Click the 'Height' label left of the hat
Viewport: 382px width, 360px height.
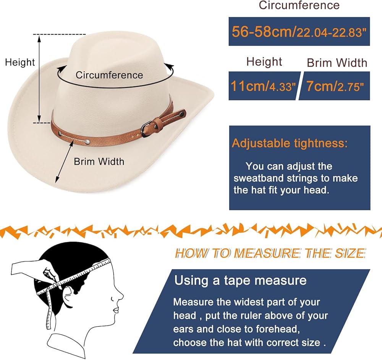pos(20,62)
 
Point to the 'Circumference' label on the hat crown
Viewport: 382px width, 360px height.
pos(109,75)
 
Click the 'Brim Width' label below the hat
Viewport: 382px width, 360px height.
pos(99,161)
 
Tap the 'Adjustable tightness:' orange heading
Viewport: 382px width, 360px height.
pos(290,144)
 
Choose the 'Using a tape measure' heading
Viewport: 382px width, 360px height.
pos(240,281)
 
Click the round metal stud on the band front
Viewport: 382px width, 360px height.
pos(88,142)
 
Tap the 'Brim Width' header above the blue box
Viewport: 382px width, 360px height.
pos(337,63)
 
